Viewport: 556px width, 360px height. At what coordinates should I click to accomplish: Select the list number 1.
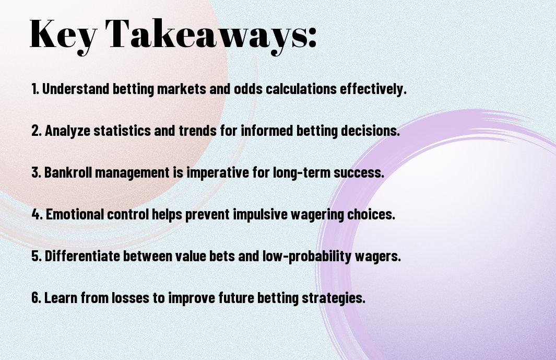pos(35,89)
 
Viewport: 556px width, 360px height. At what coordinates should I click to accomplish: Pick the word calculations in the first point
pos(301,89)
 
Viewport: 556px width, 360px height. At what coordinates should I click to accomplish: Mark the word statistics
pos(122,131)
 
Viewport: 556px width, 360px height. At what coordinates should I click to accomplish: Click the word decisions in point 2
pos(370,131)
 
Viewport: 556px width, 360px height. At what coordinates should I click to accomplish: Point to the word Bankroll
pos(68,172)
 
